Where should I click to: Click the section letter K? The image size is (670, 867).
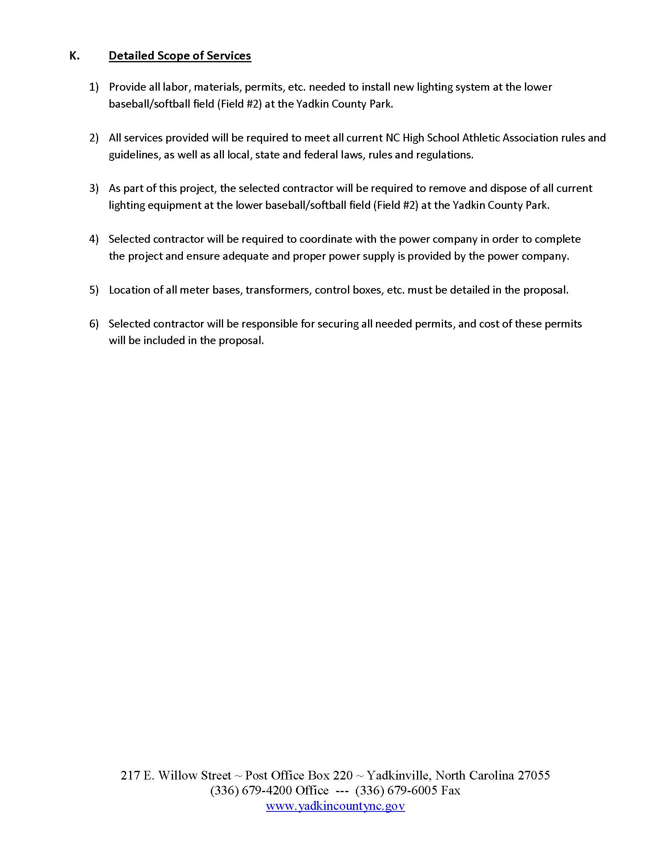pos(74,56)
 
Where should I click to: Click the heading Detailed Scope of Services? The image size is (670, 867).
pos(180,56)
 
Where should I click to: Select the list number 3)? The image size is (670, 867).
pos(94,188)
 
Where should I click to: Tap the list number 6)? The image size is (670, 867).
pos(94,324)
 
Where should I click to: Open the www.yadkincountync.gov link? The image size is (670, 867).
pos(335,806)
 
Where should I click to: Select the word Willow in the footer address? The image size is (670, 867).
pos(175,775)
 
